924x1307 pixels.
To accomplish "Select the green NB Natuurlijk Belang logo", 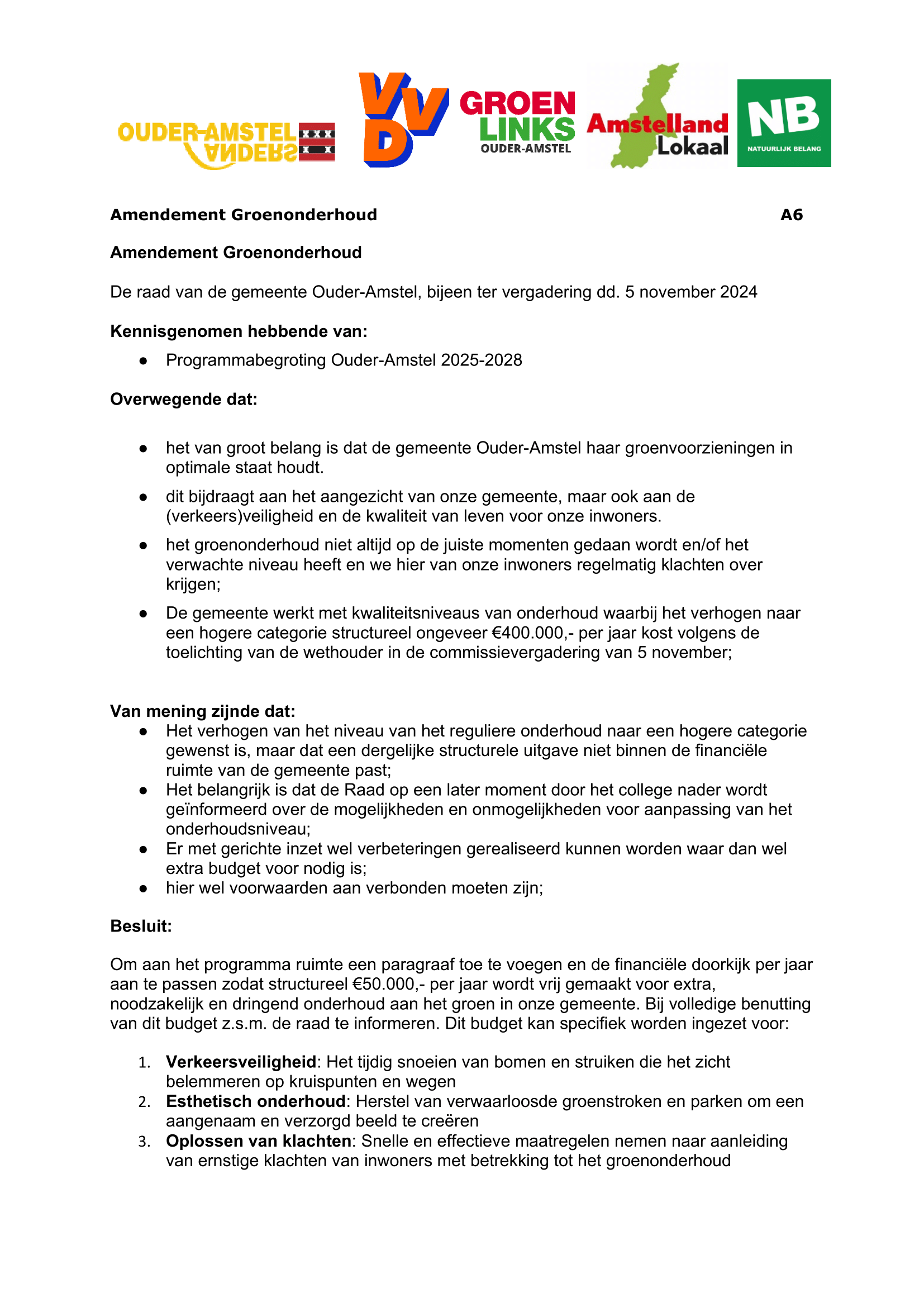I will tap(783, 123).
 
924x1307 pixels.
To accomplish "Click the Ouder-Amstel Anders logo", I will tap(226, 145).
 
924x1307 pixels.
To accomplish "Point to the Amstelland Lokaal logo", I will tap(657, 120).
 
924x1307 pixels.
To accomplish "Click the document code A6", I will tap(791, 215).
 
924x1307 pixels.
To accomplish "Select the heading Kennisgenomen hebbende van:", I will tap(239, 331).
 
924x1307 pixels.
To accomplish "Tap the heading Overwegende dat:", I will tap(184, 400).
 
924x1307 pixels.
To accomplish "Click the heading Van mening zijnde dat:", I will tap(203, 711).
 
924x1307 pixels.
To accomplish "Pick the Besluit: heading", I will tap(141, 926).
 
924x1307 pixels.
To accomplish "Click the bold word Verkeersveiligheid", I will tap(241, 1062).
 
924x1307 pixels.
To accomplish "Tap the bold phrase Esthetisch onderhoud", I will tap(255, 1101).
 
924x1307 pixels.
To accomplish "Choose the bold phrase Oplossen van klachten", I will tap(258, 1142).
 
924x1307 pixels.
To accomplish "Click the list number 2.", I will tap(144, 1102).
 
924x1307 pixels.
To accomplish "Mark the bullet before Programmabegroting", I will tap(144, 361).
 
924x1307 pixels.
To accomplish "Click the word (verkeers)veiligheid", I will tap(239, 516).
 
